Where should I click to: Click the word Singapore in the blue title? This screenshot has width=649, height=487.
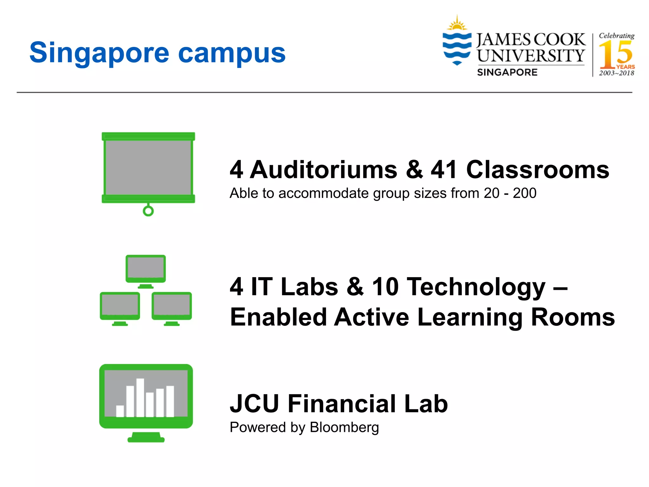99,53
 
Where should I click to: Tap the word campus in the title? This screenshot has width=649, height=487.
232,53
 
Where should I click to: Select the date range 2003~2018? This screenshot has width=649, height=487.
616,73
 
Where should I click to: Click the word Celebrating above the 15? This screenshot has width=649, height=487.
616,36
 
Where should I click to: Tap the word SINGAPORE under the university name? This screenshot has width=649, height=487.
507,73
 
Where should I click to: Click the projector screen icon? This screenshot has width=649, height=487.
148,167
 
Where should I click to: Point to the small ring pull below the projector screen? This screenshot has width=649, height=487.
148,211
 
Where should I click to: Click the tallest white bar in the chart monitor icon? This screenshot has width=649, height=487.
140,398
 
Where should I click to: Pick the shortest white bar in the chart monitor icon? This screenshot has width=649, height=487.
120,411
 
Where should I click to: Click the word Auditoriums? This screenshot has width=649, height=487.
324,170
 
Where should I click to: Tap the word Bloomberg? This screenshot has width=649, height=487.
344,427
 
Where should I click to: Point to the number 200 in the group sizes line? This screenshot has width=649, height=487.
524,193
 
